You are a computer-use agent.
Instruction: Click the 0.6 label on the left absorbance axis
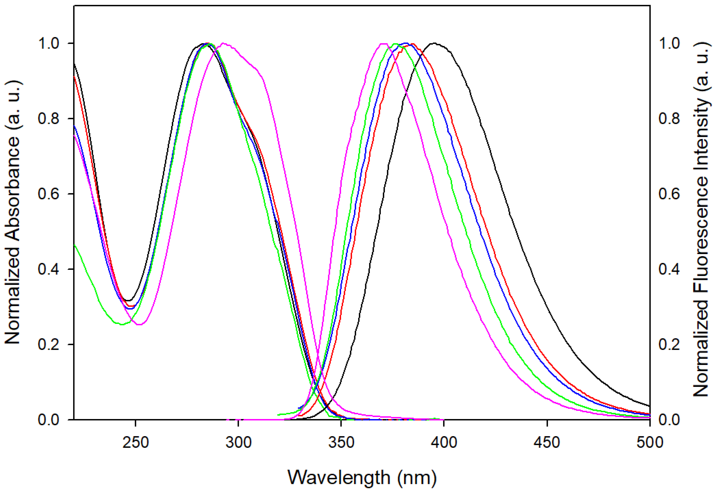(x=48, y=194)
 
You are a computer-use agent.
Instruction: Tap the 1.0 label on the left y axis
(x=48, y=43)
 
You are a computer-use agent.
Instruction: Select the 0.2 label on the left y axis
(x=48, y=344)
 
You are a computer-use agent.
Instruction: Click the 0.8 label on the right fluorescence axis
(x=669, y=118)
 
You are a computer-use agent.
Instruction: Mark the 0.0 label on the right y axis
(x=669, y=420)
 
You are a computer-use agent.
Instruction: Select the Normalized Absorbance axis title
(x=12, y=212)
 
